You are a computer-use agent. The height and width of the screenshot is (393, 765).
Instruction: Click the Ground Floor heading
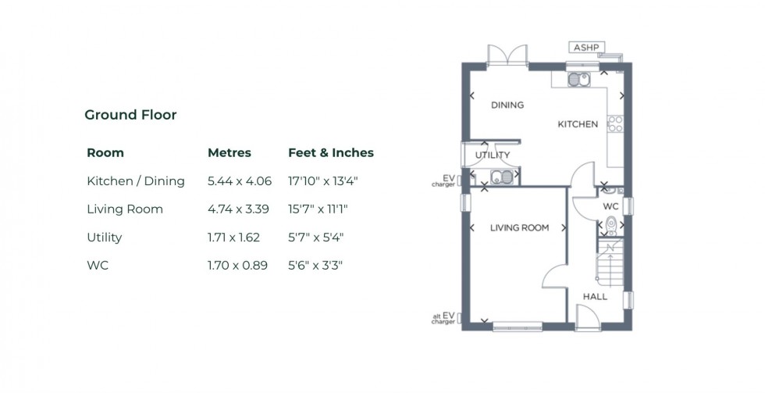130,115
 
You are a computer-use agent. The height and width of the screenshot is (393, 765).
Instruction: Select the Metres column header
229,152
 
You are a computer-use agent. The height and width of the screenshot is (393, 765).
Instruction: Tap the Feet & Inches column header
331,152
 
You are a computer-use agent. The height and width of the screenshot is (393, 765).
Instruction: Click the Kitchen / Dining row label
136,181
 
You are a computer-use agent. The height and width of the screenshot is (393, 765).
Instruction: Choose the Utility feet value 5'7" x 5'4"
316,238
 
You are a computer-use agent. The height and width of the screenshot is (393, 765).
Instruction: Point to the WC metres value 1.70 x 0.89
237,266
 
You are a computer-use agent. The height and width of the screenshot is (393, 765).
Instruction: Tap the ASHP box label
586,48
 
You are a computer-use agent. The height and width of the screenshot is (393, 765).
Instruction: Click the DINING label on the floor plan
507,105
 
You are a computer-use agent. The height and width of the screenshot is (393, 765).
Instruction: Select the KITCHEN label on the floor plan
578,124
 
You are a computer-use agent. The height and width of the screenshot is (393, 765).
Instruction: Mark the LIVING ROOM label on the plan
519,228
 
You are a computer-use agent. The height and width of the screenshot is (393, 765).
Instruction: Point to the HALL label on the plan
595,297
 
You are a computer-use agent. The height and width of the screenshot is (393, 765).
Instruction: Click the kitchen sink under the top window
578,78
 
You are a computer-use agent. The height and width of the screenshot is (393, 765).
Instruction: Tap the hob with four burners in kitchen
615,123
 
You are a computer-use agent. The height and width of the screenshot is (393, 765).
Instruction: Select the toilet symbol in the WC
611,225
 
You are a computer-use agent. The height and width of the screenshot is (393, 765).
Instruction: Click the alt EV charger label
443,318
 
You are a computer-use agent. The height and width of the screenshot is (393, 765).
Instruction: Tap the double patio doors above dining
507,56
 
